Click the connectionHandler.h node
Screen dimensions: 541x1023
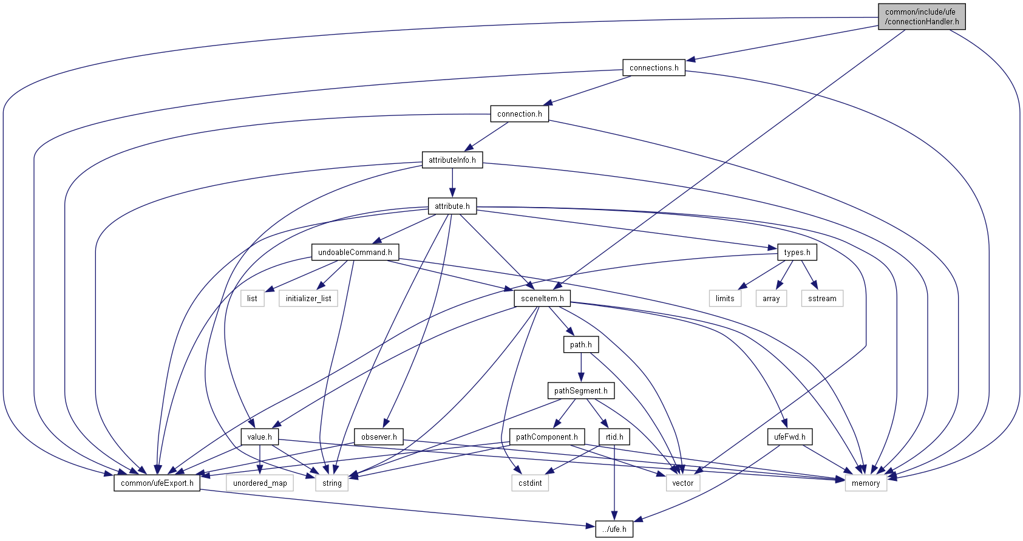[922, 16]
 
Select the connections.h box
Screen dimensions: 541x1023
[654, 67]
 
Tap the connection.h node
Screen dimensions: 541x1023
[519, 114]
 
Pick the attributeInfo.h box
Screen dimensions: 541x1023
[452, 160]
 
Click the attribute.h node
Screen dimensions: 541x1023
[452, 206]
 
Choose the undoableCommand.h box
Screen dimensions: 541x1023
[355, 252]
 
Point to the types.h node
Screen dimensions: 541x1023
[797, 252]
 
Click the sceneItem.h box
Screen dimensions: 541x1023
[542, 298]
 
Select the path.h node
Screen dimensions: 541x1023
[581, 344]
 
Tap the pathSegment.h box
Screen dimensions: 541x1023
[580, 390]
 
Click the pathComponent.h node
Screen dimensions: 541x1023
[547, 437]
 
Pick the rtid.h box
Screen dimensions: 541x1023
[614, 437]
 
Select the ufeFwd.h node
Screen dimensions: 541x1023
[790, 437]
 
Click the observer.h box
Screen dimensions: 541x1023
[379, 437]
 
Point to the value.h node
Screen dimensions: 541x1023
[260, 437]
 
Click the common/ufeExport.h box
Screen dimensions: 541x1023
[157, 483]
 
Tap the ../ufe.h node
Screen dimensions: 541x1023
[614, 529]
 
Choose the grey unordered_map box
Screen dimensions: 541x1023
[260, 483]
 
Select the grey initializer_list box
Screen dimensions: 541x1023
[308, 298]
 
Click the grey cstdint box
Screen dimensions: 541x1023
[530, 483]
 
